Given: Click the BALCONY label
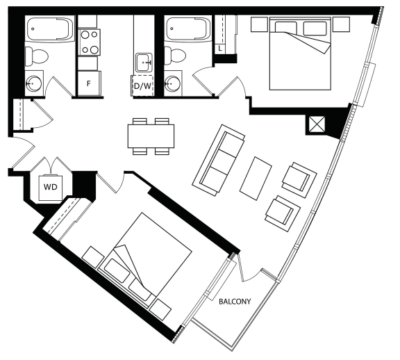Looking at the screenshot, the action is [235, 302].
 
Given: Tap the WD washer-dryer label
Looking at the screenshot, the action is [51, 187].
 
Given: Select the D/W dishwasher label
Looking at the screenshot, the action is [142, 86].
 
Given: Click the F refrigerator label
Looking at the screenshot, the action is [89, 83].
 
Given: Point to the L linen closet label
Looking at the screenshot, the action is [220, 49].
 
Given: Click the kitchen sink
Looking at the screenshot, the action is [144, 63].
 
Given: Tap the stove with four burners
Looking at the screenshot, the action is [89, 42].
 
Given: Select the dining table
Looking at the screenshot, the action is [151, 136].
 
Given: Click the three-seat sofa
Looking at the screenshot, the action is [219, 160].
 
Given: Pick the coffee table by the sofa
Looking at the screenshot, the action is [256, 178].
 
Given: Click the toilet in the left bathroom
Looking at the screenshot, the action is [36, 56].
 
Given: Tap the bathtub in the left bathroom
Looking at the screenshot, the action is [50, 28].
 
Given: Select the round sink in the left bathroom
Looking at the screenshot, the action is [34, 83].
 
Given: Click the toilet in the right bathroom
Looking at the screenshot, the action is [174, 56].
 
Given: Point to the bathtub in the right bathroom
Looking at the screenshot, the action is [187, 28].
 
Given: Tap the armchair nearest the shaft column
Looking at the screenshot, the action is [299, 180].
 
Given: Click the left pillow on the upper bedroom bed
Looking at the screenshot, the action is [286, 27].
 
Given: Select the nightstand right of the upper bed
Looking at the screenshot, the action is [342, 24].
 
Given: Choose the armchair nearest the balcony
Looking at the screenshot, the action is [283, 213].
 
